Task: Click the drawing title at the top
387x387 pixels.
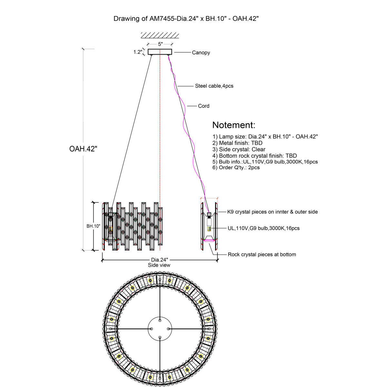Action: pyautogui.click(x=186, y=19)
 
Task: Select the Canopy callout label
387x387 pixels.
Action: pyautogui.click(x=201, y=53)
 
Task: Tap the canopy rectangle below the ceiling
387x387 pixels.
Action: pyautogui.click(x=160, y=52)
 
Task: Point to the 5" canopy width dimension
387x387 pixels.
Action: pyautogui.click(x=160, y=44)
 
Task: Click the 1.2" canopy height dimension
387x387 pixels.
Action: pyautogui.click(x=138, y=52)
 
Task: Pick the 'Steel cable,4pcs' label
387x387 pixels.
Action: pyautogui.click(x=214, y=86)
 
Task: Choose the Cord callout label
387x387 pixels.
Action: pyautogui.click(x=203, y=106)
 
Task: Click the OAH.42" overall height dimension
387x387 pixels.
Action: pyautogui.click(x=83, y=149)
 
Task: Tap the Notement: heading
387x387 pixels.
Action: pyautogui.click(x=234, y=125)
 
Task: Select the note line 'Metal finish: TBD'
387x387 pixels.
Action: pyautogui.click(x=237, y=143)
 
